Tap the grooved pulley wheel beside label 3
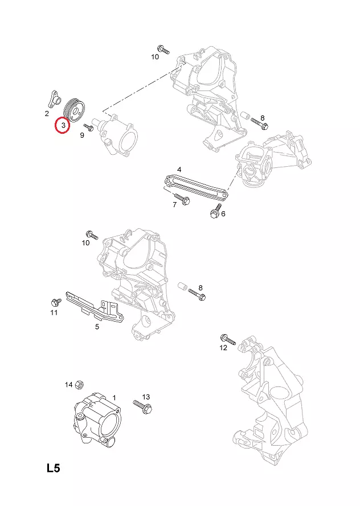tap(74, 110)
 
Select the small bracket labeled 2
tap(54, 100)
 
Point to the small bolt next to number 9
tap(88, 127)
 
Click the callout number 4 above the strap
tap(179, 169)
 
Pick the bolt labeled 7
tap(182, 199)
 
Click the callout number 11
tap(54, 312)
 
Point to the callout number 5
tap(97, 327)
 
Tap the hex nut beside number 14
tap(79, 384)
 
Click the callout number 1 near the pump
tap(114, 398)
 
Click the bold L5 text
tap(54, 468)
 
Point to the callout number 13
tap(146, 397)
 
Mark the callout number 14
tap(69, 384)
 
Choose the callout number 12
tap(223, 348)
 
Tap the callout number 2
tap(47, 113)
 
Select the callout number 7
tap(175, 204)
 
